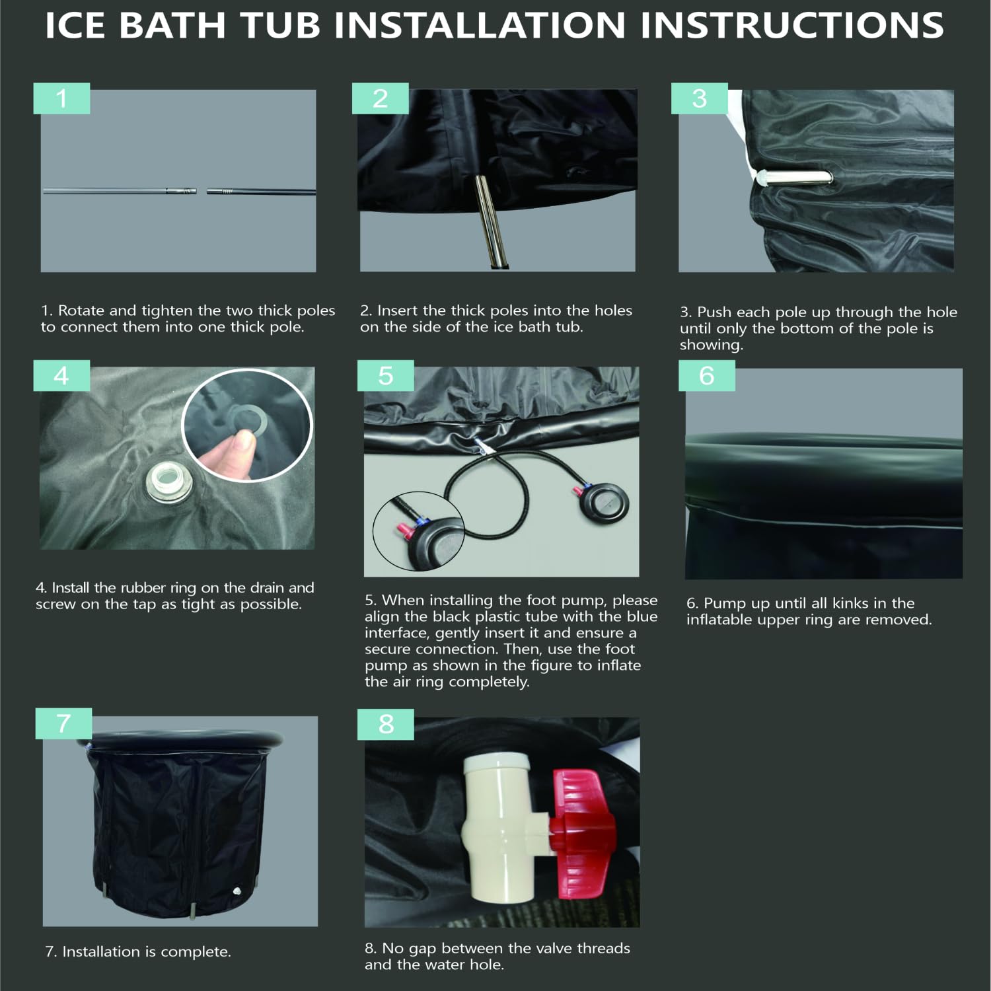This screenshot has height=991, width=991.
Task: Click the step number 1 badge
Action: point(61,98)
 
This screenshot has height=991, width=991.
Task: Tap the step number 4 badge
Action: point(61,375)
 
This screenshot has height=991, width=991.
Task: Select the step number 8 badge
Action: point(386,724)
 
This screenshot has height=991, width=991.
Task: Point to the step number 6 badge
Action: point(707,375)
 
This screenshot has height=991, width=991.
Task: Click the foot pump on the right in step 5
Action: point(604,504)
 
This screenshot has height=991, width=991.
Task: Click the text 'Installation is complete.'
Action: point(147,951)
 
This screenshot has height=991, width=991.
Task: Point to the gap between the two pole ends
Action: point(202,191)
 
